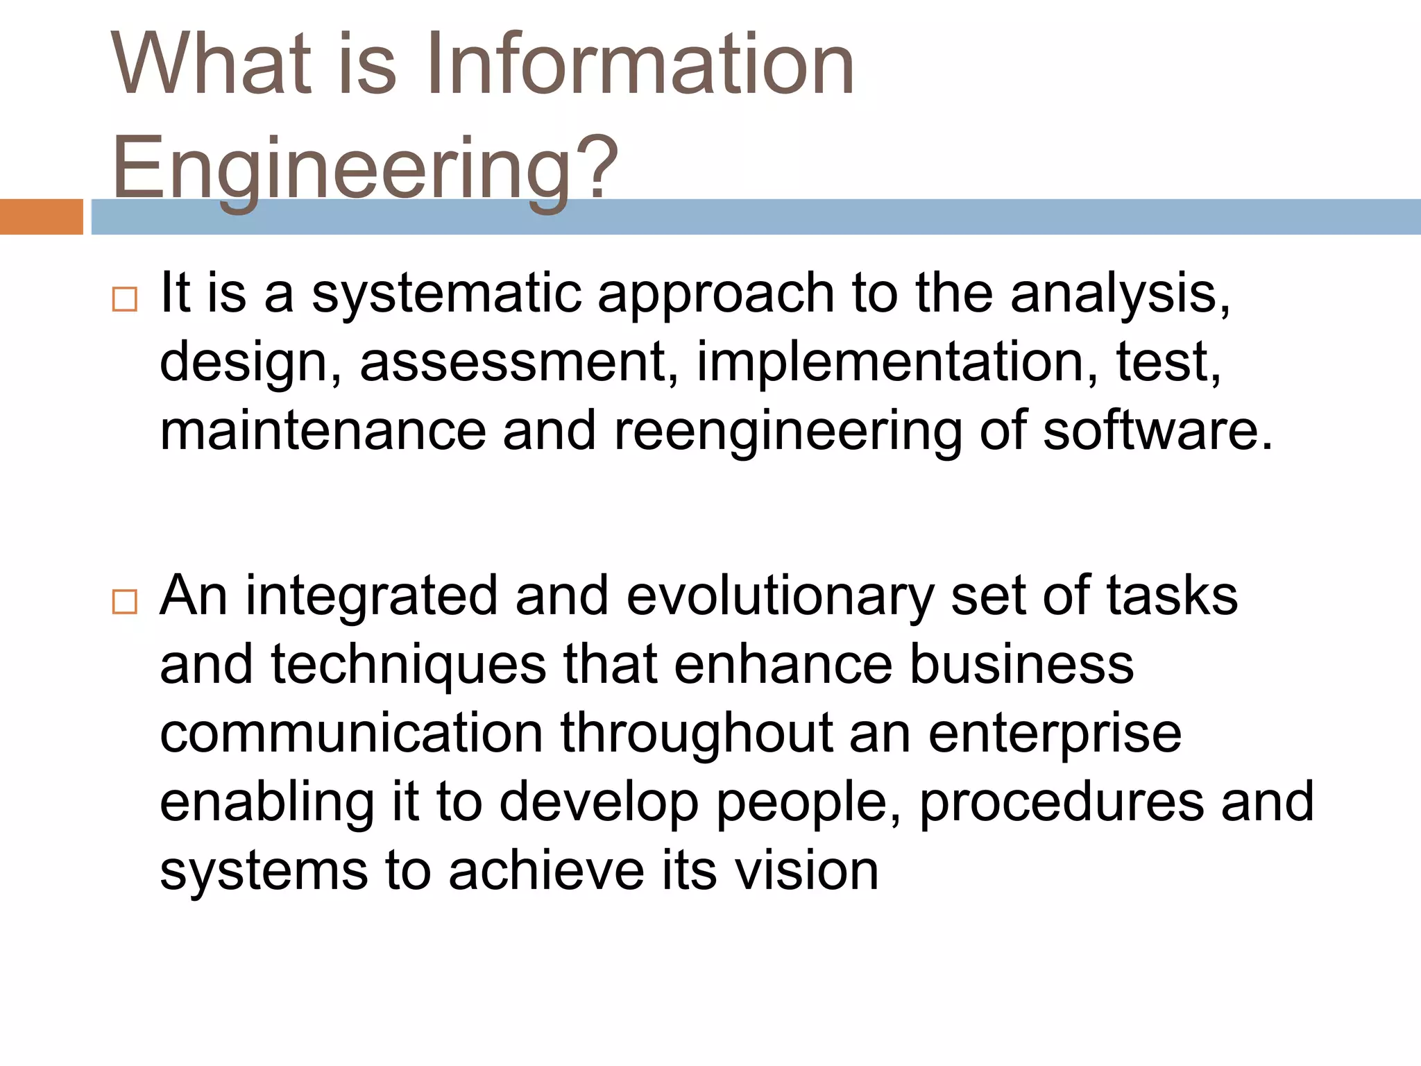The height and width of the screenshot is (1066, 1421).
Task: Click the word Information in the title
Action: click(x=639, y=64)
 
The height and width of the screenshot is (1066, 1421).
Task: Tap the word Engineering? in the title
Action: click(x=365, y=168)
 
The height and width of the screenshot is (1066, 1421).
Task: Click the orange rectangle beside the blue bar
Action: click(x=41, y=217)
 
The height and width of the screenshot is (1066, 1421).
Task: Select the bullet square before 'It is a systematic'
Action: click(x=125, y=300)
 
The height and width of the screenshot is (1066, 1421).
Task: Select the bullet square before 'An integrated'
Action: click(x=125, y=602)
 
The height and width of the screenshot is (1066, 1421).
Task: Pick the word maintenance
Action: click(x=323, y=430)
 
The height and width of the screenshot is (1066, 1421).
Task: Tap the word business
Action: click(x=1021, y=664)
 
